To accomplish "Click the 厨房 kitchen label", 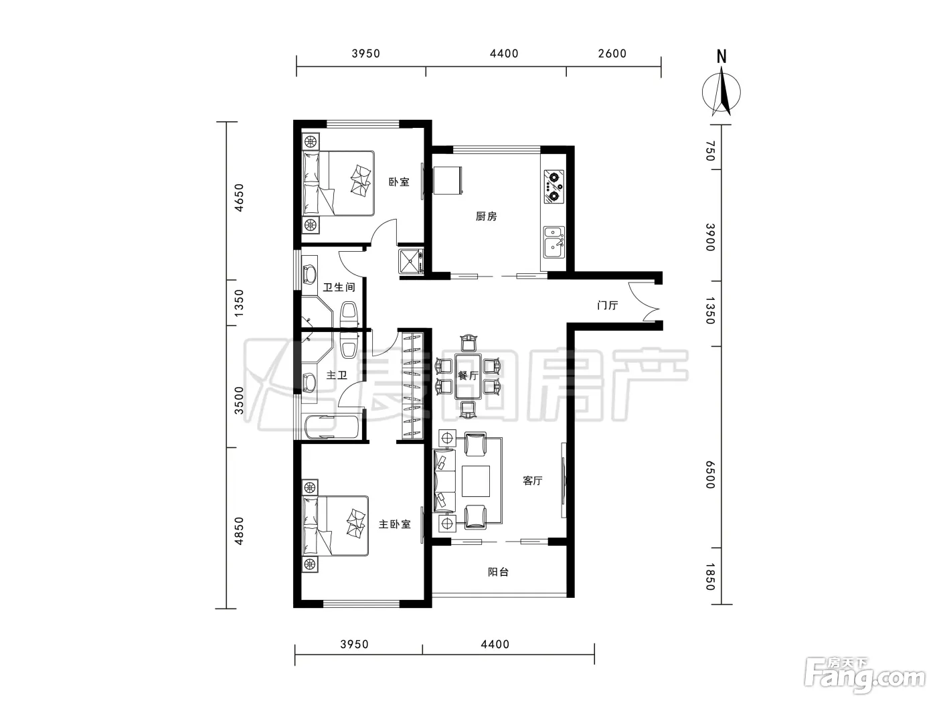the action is pyautogui.click(x=486, y=216).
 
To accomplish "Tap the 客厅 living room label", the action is pyautogui.click(x=532, y=481).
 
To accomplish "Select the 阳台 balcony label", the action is pyautogui.click(x=498, y=572).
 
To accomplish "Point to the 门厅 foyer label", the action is pyautogui.click(x=608, y=305).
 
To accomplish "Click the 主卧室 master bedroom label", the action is pyautogui.click(x=394, y=524).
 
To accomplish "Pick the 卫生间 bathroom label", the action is pyautogui.click(x=339, y=287).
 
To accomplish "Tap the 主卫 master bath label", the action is pyautogui.click(x=337, y=375).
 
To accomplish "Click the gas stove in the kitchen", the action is pyautogui.click(x=554, y=187).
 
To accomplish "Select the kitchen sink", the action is pyautogui.click(x=554, y=242).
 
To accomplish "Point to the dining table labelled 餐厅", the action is pyautogui.click(x=468, y=376).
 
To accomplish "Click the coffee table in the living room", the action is pyautogui.click(x=476, y=481).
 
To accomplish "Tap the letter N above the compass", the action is pyautogui.click(x=721, y=57).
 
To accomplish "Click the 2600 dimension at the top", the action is pyautogui.click(x=612, y=54).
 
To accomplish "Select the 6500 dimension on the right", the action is pyautogui.click(x=709, y=475).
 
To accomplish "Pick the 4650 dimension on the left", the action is pyautogui.click(x=240, y=198).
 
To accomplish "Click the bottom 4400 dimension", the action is pyautogui.click(x=495, y=644).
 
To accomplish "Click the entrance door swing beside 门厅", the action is pyautogui.click(x=645, y=301).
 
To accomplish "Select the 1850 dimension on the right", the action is pyautogui.click(x=709, y=576).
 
